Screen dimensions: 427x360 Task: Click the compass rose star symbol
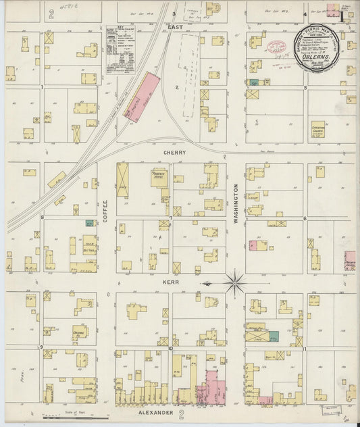pos(234,282)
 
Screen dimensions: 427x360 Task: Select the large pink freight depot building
pos(143,97)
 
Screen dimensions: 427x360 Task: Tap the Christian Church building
pos(318,128)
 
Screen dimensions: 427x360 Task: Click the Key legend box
pos(120,49)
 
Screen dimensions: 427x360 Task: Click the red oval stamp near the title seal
pos(277,47)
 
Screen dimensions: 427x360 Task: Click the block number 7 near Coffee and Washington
pos(171,218)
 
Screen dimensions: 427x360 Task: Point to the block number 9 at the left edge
pos(42,347)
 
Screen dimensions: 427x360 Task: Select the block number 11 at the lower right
pos(305,349)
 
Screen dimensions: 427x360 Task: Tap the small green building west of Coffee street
pos(89,222)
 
